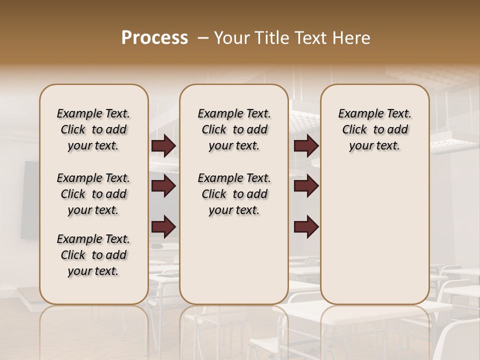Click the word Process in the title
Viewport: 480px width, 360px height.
coord(154,38)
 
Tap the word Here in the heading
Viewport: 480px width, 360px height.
coord(352,38)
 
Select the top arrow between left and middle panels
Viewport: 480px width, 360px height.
coord(163,146)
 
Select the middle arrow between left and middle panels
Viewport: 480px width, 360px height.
coord(163,186)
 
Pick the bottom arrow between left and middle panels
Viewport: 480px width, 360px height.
coord(163,227)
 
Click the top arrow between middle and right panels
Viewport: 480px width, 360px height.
coord(306,146)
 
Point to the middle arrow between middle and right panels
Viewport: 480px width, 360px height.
coord(306,186)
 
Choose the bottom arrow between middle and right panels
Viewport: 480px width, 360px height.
coord(306,227)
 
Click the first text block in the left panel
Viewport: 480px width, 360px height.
coord(93,129)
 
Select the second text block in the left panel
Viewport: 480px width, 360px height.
coord(93,194)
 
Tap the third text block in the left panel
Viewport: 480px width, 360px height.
coord(93,255)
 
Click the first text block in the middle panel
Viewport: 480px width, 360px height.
coord(234,129)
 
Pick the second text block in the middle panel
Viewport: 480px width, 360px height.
coord(234,194)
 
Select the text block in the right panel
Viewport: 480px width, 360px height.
coord(374,129)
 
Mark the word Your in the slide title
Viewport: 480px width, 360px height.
coord(231,38)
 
